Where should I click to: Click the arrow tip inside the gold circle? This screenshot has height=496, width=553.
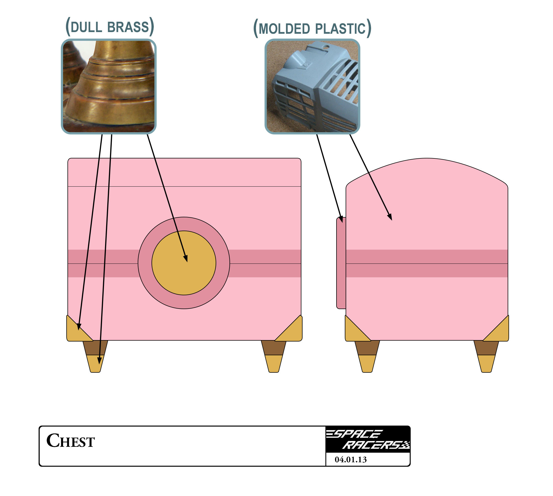[187, 262]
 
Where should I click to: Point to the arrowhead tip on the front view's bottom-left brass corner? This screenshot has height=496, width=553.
[79, 330]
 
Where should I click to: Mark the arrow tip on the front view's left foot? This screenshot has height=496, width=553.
[99, 364]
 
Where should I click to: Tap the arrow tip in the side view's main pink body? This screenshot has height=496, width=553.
[392, 220]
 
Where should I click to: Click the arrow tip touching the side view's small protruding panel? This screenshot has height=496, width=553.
[342, 223]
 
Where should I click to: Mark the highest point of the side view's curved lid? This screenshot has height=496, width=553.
[427, 158]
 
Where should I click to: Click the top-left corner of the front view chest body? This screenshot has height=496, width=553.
[68, 158]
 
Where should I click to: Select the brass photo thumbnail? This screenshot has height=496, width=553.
[109, 87]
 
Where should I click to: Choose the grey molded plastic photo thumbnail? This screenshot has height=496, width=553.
[312, 87]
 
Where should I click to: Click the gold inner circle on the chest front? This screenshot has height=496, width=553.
[184, 263]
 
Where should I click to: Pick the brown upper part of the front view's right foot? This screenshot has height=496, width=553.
[274, 348]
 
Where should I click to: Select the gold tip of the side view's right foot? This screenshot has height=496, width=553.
[486, 364]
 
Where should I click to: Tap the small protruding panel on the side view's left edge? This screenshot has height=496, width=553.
[341, 263]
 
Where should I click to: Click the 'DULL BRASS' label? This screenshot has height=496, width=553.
[110, 27]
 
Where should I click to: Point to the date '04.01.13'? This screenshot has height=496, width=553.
[351, 460]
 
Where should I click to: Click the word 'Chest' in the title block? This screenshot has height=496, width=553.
[71, 440]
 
